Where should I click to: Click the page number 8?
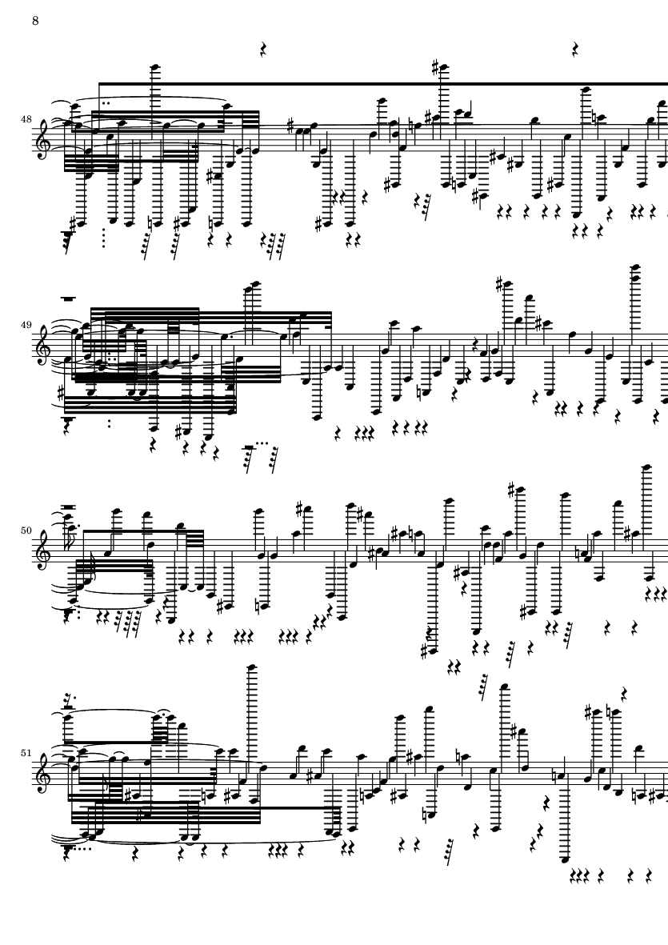point(35,21)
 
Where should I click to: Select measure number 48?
point(26,119)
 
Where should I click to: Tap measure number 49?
point(26,325)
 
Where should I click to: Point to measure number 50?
point(26,531)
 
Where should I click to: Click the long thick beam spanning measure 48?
point(383,84)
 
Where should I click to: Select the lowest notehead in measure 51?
point(564,859)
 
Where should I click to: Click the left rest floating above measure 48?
point(262,50)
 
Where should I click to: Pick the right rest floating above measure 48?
point(575,50)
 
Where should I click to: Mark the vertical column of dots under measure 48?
point(104,238)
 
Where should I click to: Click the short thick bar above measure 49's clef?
point(67,298)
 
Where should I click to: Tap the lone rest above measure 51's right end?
point(624,695)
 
